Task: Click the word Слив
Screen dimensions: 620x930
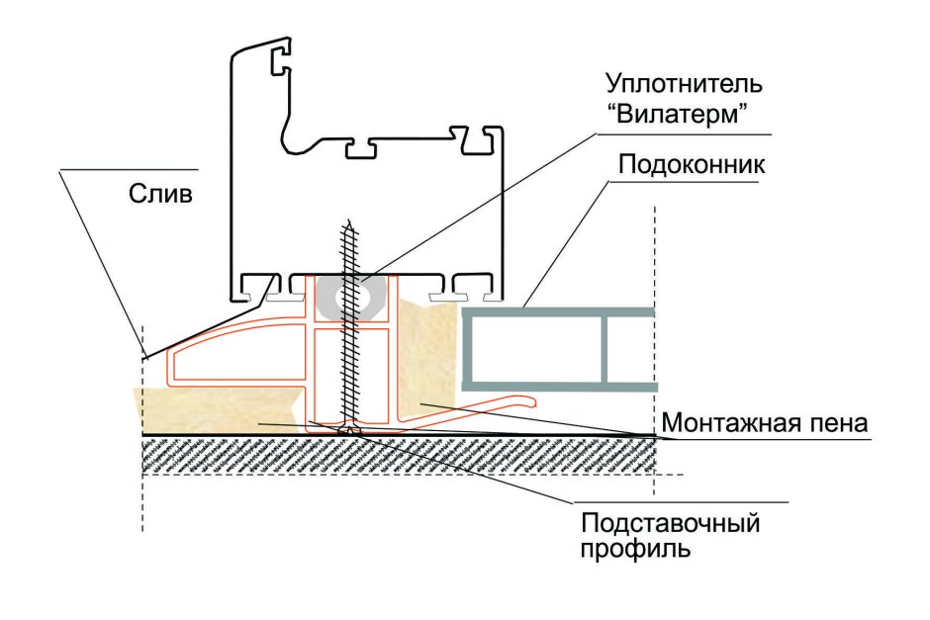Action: click(159, 193)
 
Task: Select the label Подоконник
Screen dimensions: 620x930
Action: click(691, 163)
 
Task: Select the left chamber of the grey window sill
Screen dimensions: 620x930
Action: click(534, 348)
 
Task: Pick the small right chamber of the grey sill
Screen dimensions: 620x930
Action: click(627, 348)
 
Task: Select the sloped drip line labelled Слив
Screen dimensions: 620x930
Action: click(198, 329)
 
